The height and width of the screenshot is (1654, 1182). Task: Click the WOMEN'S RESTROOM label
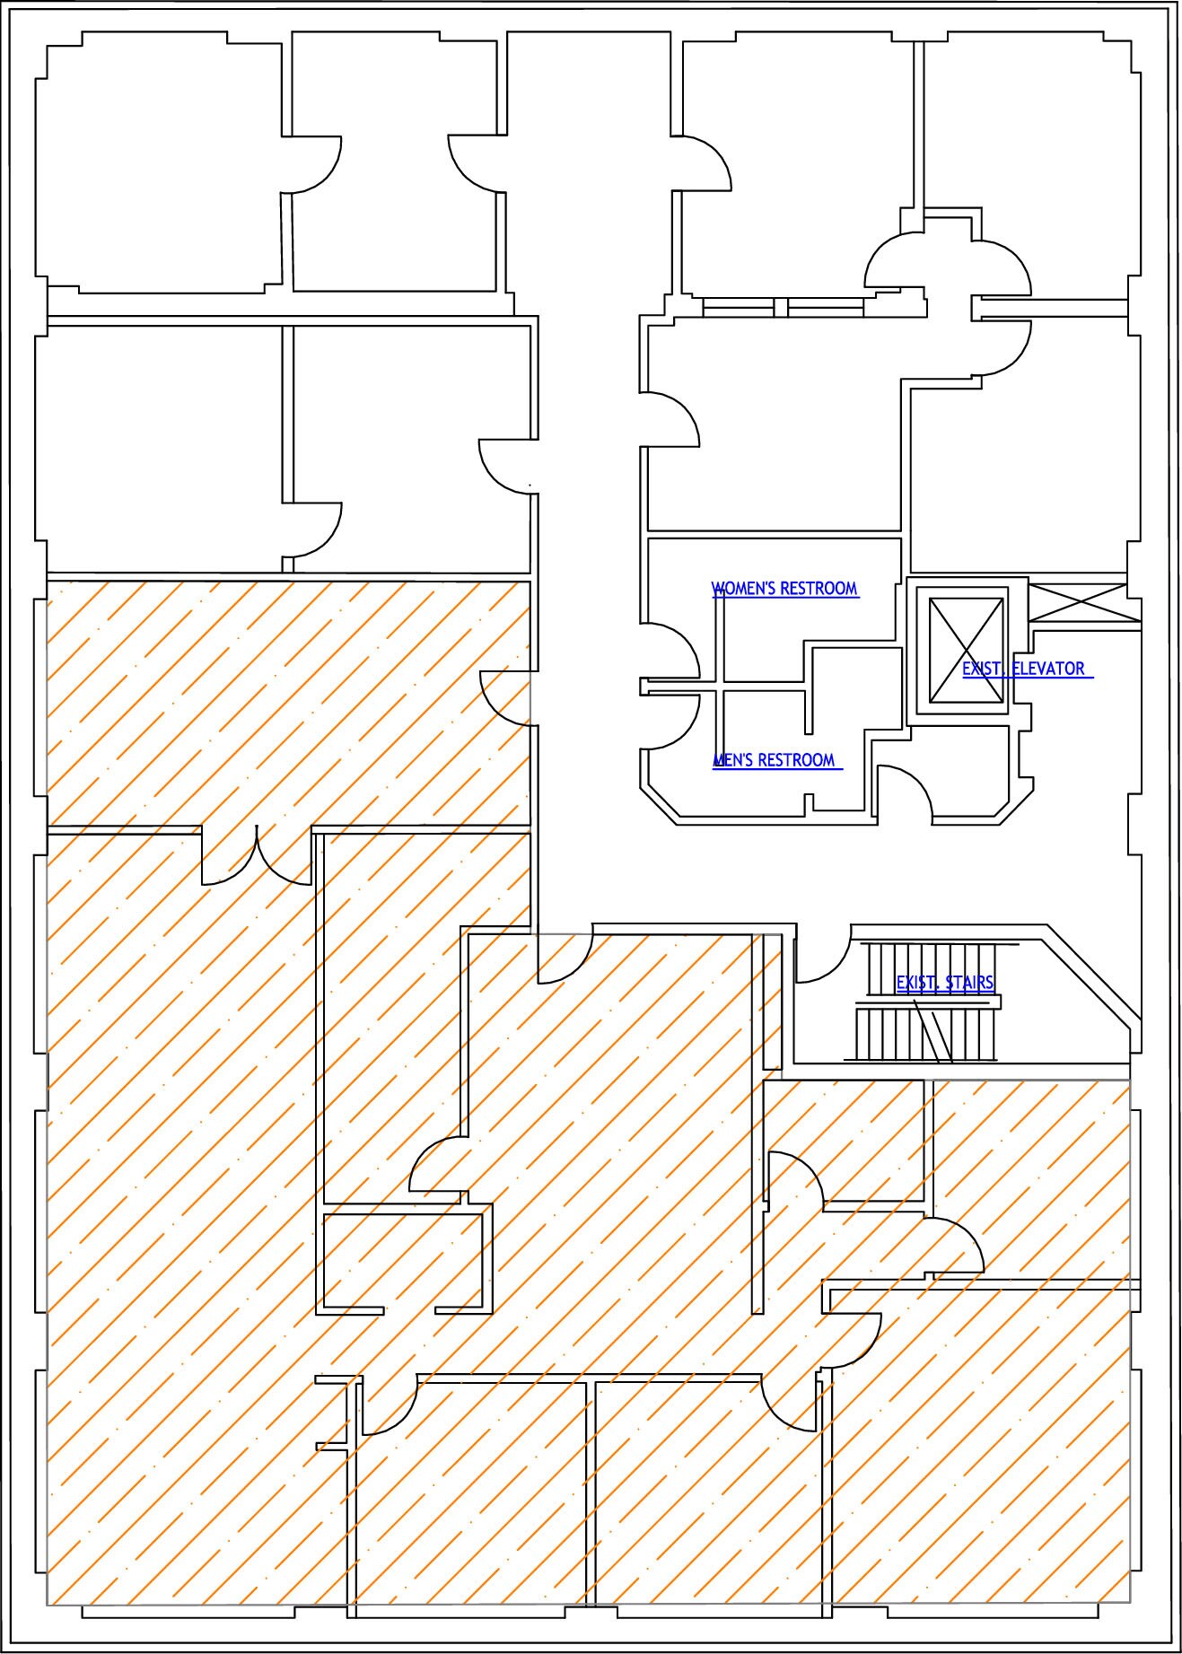click(785, 589)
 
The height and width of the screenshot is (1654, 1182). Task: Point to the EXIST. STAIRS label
click(945, 983)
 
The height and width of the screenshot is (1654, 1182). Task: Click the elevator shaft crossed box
click(966, 651)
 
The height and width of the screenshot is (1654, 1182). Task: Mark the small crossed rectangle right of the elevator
click(1078, 602)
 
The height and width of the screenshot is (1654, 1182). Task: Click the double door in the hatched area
click(258, 857)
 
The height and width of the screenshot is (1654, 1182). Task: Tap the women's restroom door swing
click(671, 652)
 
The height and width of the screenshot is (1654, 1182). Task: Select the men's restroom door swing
click(671, 722)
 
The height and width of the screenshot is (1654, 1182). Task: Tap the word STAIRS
click(968, 983)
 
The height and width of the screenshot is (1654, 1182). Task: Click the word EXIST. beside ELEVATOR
click(985, 669)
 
